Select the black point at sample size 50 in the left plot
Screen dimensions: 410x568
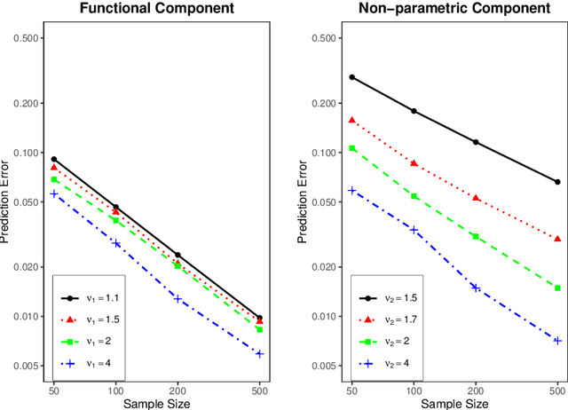pyautogui.click(x=54, y=160)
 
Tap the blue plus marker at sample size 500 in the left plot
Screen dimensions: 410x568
pyautogui.click(x=259, y=353)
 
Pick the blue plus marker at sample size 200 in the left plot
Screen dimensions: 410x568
pyautogui.click(x=177, y=298)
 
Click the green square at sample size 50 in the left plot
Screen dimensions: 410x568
pyautogui.click(x=54, y=180)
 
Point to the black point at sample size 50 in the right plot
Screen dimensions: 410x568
pyautogui.click(x=352, y=77)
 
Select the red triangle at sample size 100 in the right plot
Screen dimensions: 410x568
pyautogui.click(x=414, y=163)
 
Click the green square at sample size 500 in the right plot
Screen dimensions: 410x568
pyautogui.click(x=557, y=288)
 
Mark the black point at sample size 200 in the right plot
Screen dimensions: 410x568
pyautogui.click(x=476, y=142)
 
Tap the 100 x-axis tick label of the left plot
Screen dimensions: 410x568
pyautogui.click(x=115, y=390)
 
